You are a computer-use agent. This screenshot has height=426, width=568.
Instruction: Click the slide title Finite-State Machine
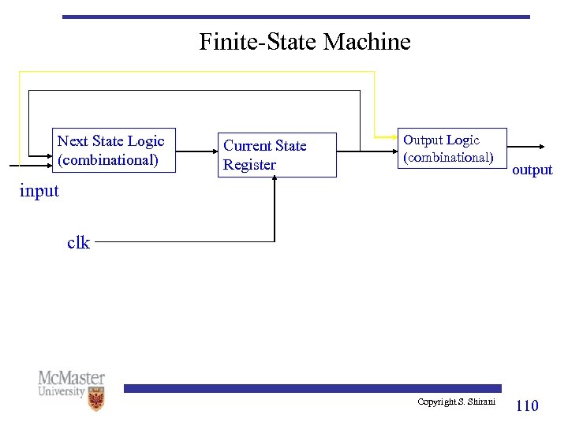[x=305, y=41]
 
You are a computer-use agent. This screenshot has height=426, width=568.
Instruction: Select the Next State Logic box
[x=114, y=150]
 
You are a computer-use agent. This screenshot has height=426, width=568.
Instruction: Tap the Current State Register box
[x=277, y=155]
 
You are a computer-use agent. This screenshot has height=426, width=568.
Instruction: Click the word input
[x=39, y=191]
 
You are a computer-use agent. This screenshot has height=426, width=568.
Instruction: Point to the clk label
[x=78, y=243]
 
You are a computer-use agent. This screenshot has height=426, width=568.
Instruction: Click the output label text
[x=532, y=170]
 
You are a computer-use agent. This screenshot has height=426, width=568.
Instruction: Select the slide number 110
[x=526, y=405]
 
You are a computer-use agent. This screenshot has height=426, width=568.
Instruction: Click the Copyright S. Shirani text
[x=458, y=402]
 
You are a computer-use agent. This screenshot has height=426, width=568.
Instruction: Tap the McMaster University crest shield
[x=95, y=399]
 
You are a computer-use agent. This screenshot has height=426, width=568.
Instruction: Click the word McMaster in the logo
[x=71, y=379]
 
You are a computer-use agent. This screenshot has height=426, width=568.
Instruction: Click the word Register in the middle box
[x=249, y=165]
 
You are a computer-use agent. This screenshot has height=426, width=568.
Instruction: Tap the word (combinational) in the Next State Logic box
[x=107, y=160]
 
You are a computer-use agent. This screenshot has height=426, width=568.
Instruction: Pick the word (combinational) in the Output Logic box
[x=447, y=157]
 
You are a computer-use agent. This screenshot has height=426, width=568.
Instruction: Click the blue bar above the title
[x=296, y=17]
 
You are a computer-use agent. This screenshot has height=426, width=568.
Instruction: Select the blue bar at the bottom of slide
[x=312, y=388]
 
